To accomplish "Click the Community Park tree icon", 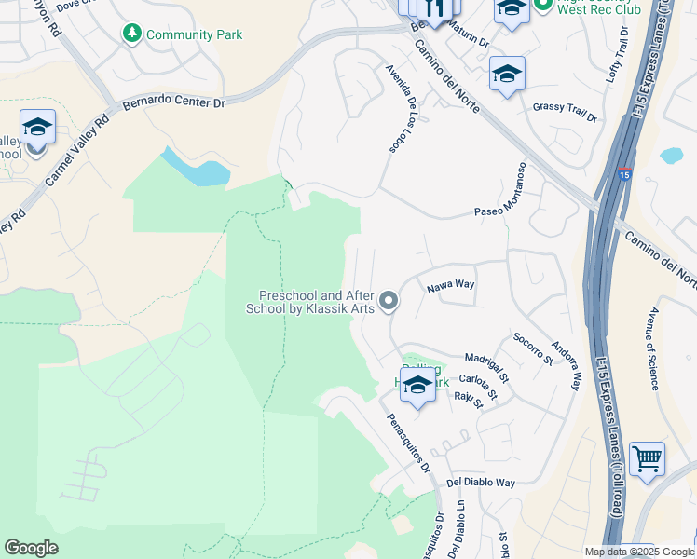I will (132, 34).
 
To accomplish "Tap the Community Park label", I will (194, 34).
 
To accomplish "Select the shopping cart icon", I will (647, 458).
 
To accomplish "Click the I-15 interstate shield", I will (624, 174).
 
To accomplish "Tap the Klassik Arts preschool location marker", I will (389, 300).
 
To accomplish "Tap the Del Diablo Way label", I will (481, 483).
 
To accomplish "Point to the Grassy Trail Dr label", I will (565, 112).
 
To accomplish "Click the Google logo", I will (32, 547).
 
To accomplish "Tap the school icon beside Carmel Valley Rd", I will (37, 128).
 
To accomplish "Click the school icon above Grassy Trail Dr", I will (507, 75).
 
